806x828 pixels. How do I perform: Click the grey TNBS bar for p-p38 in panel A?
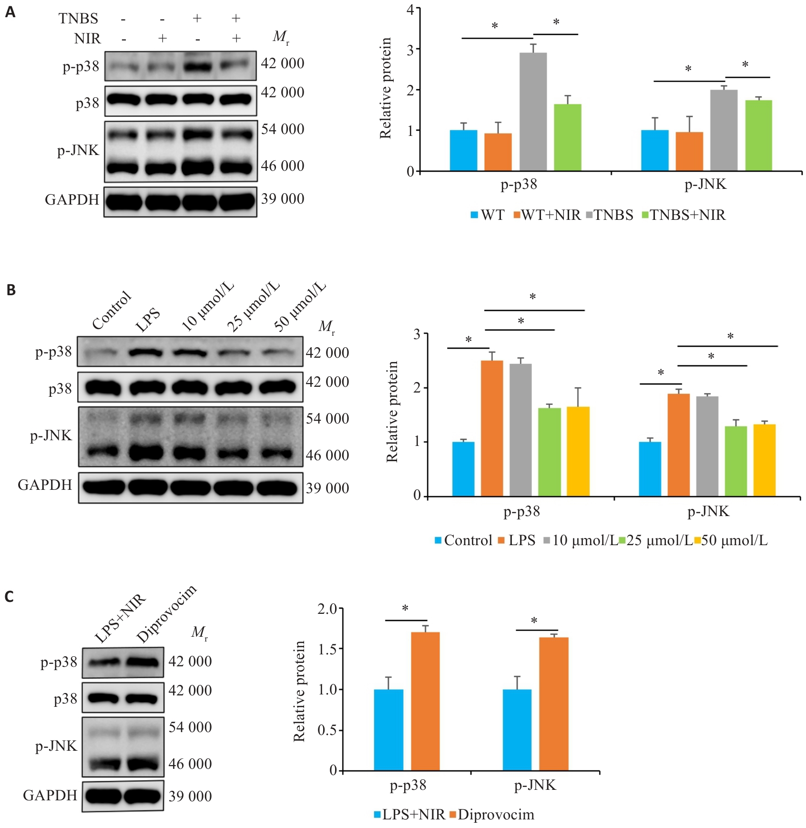533,112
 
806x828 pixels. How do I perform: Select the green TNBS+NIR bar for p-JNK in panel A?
758,135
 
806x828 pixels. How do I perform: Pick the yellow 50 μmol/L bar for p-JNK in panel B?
765,460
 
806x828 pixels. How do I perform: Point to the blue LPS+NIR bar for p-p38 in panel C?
388,730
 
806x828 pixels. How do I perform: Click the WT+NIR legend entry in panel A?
547,215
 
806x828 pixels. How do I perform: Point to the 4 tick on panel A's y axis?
410,9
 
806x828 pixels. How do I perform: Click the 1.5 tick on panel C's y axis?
327,649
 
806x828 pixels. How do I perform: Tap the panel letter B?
10,290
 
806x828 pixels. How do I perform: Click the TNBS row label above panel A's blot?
78,19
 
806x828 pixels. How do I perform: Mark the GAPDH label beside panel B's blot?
45,485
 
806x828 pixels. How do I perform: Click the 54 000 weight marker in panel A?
282,129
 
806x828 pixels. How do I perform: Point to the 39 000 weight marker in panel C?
190,796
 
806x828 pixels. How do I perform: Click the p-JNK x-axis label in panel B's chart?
708,512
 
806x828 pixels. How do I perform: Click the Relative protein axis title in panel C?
299,691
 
